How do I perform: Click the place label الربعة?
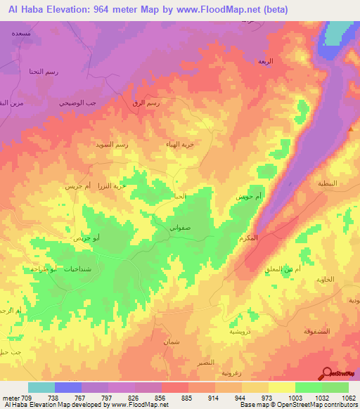(266, 62)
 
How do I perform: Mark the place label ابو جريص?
(86, 238)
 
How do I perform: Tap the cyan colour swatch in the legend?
(41, 387)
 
